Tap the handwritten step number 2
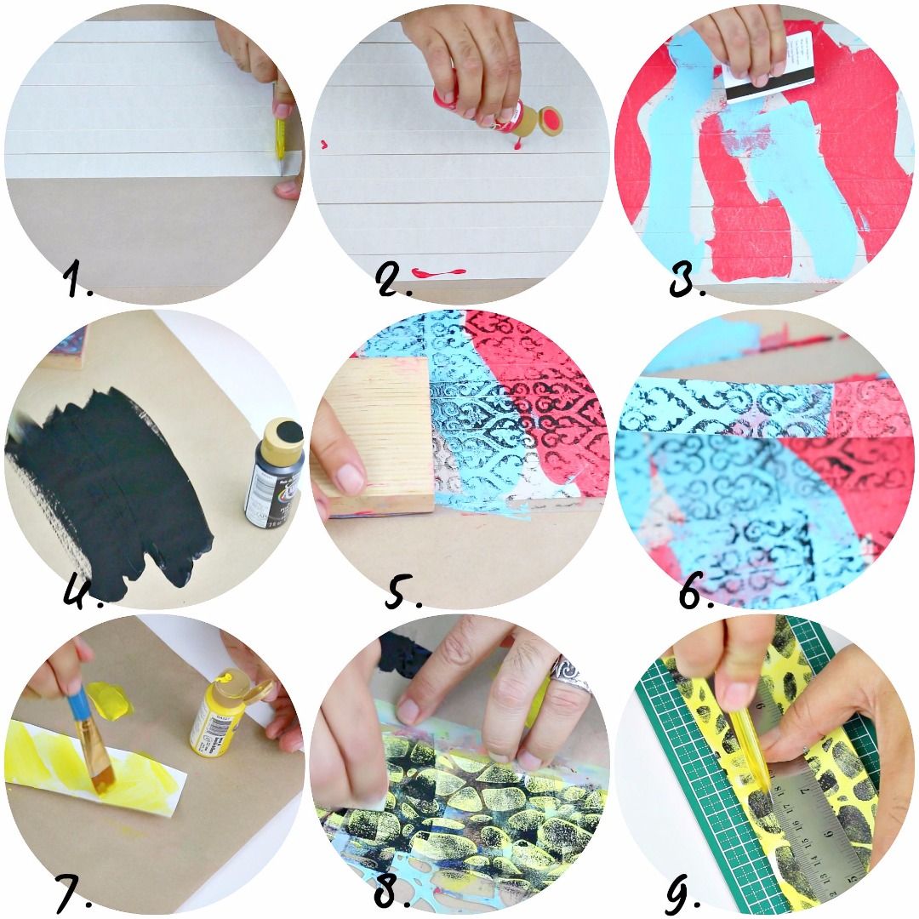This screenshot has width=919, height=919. tap(393, 280)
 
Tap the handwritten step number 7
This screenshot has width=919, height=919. tap(75, 889)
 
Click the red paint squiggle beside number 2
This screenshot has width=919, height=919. tap(438, 272)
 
